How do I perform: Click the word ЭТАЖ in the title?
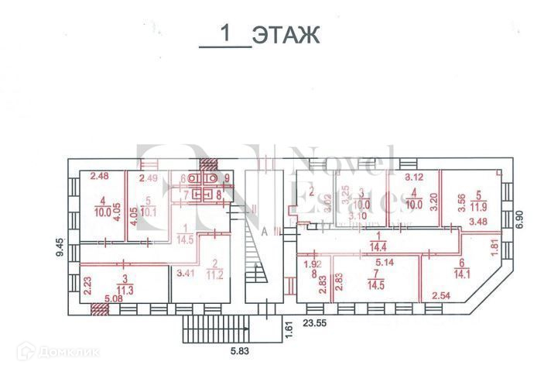(x=286, y=35)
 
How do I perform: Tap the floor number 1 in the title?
(x=226, y=34)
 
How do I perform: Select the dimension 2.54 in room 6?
(x=440, y=295)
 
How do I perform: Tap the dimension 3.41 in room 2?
(x=183, y=272)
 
